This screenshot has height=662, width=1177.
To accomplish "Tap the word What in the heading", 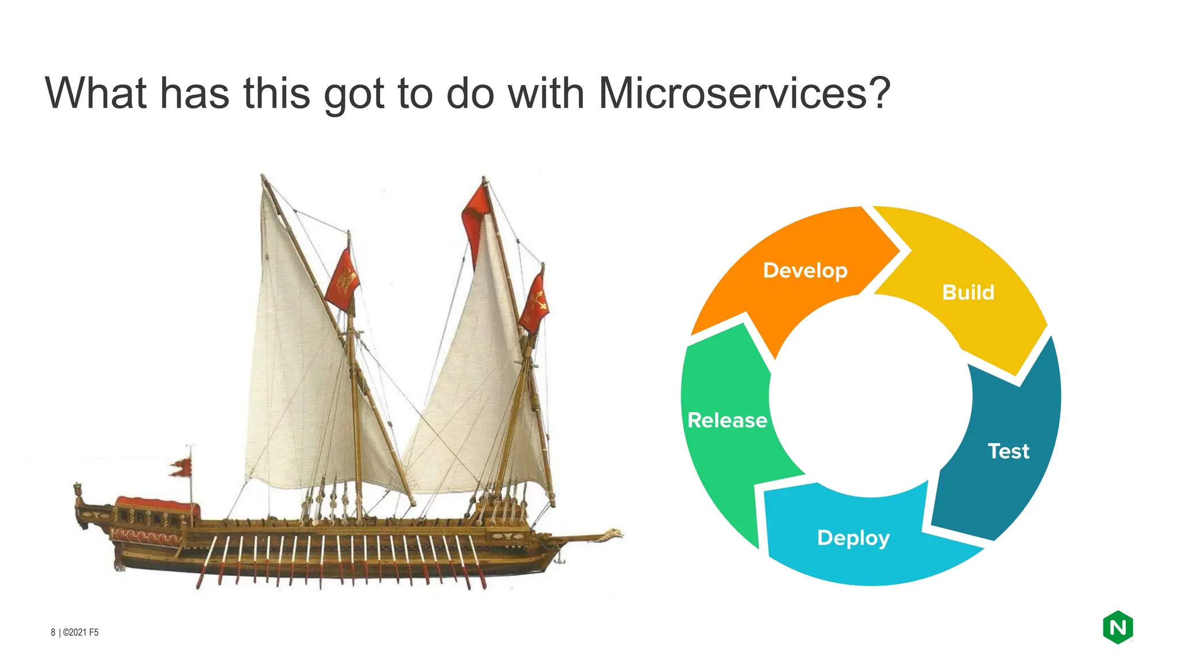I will pos(96,93).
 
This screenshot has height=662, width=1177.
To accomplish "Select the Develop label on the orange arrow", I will pos(805,270).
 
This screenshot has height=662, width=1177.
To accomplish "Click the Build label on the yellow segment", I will pos(968,292).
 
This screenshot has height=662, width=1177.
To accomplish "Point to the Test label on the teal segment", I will pos(1008,451).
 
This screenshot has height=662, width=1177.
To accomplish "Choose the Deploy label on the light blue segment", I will pos(853,538).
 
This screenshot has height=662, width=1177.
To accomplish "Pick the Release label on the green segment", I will pos(727,420).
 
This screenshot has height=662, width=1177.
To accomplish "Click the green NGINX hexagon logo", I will pos(1117,627).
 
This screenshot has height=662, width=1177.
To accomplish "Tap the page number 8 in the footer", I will pos(53,632).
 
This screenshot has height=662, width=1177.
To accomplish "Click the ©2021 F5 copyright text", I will pos(80,632).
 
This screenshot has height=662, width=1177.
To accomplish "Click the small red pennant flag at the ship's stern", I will pos(180,467).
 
